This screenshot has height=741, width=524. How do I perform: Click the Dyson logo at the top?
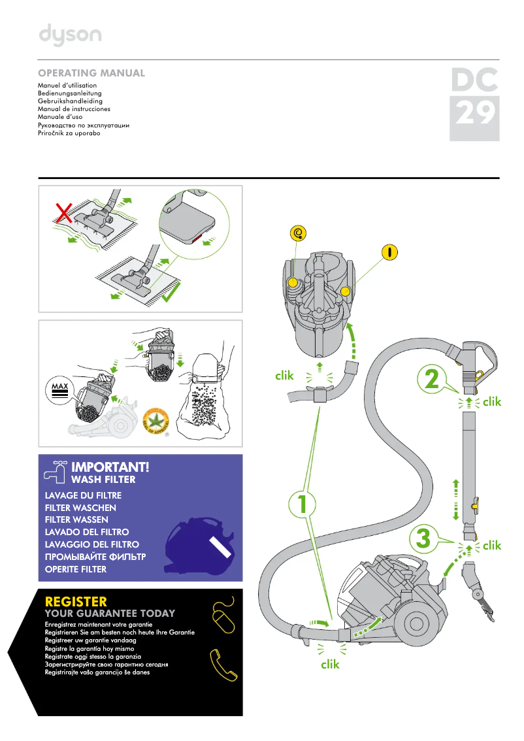(x=70, y=35)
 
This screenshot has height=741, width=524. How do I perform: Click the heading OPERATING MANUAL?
(x=91, y=73)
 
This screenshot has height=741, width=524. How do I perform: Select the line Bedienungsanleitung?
(x=70, y=93)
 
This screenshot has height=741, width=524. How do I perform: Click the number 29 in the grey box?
(x=474, y=114)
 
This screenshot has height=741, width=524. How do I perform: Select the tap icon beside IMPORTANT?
(x=54, y=470)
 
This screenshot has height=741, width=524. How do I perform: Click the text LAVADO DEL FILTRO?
(x=87, y=532)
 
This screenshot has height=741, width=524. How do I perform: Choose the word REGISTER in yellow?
(x=76, y=601)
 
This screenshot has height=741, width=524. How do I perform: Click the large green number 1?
(x=301, y=505)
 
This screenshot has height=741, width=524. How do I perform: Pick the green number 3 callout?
(x=423, y=539)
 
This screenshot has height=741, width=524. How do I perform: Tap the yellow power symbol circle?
(x=390, y=252)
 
